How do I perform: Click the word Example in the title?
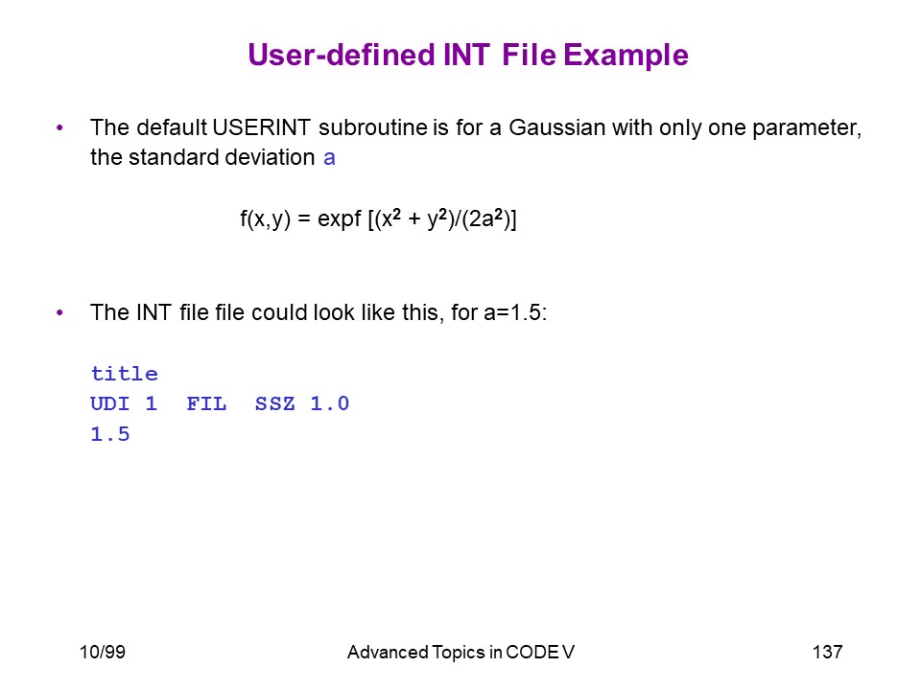(626, 57)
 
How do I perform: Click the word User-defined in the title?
(342, 55)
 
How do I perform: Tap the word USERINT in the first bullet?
(261, 127)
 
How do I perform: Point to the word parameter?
(807, 128)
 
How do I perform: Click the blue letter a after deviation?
(329, 158)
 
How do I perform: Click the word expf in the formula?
(340, 219)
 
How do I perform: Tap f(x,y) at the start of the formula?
(265, 219)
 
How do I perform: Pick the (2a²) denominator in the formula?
(484, 218)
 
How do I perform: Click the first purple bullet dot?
(59, 127)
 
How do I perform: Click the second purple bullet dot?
(59, 312)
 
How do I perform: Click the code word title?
(125, 374)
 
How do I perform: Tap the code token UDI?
(109, 403)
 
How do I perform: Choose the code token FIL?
(206, 403)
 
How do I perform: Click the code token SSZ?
(275, 403)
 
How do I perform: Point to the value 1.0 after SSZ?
(329, 403)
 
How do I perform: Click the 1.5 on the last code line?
(109, 434)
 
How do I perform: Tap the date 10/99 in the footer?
(103, 652)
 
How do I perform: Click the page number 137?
(828, 652)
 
